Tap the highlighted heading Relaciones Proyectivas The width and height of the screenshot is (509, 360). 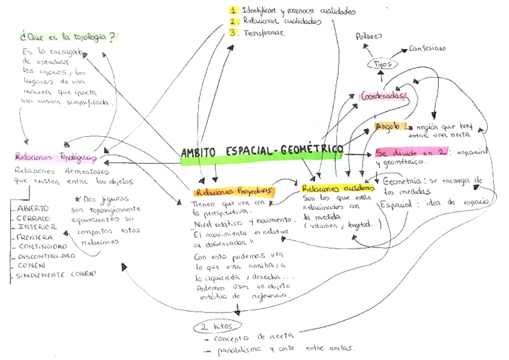click(x=233, y=192)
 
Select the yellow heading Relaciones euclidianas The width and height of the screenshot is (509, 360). click(x=338, y=188)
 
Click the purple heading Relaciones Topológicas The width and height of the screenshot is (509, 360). click(x=55, y=157)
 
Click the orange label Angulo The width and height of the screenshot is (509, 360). click(x=387, y=127)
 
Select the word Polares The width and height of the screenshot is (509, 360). click(x=369, y=36)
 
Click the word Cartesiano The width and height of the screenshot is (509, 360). click(x=432, y=49)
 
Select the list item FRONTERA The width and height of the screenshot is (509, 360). click(x=34, y=237)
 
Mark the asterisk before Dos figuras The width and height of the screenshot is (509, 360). click(x=77, y=199)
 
